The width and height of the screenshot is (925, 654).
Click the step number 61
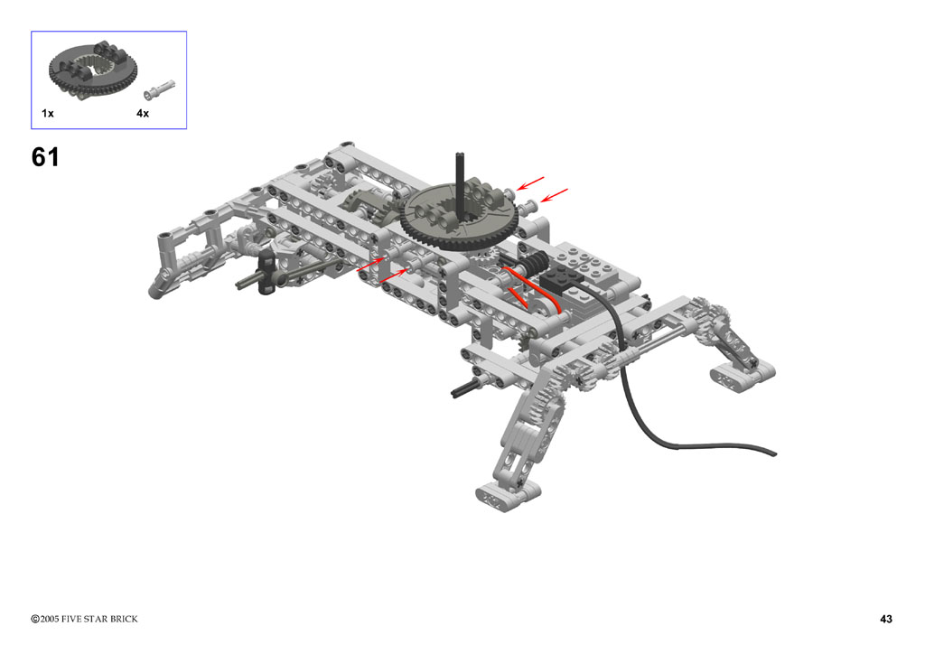(45, 157)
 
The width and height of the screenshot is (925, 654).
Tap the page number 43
(885, 619)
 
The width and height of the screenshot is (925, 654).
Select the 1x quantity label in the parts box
(48, 113)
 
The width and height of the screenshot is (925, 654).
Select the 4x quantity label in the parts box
(143, 113)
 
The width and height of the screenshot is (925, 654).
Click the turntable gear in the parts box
(93, 70)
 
